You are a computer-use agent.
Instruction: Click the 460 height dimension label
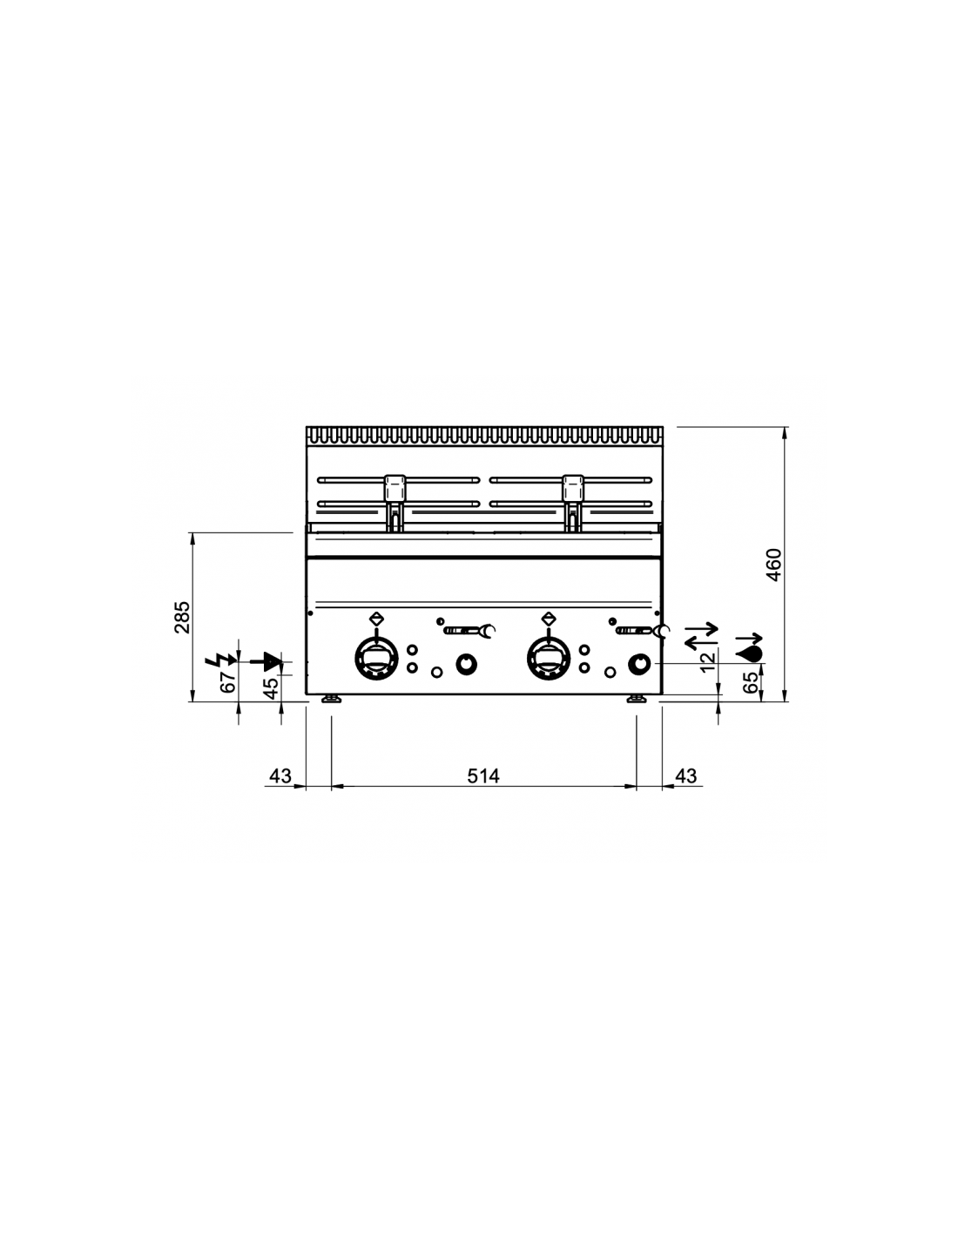[x=773, y=565]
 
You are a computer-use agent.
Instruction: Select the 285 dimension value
[x=182, y=617]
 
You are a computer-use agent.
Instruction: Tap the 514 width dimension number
[x=483, y=775]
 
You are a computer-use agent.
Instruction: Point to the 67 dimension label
[x=228, y=681]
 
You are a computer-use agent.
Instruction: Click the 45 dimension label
[x=272, y=687]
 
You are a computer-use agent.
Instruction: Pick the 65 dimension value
[x=752, y=682]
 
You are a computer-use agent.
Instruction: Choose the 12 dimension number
[x=707, y=661]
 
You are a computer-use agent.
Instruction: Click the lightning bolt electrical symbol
[x=220, y=660]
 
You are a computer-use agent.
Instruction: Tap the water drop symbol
[x=749, y=654]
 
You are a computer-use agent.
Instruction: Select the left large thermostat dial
[x=376, y=659]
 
